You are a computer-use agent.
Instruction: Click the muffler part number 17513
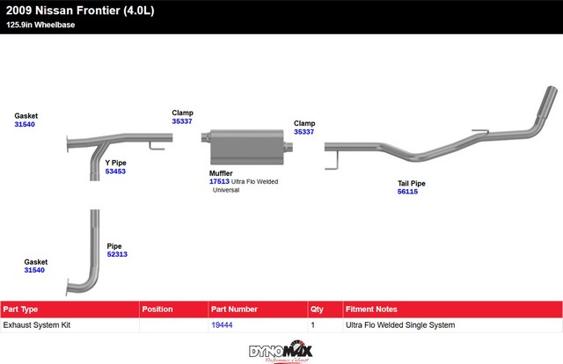[219, 182]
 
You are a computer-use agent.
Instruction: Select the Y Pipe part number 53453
[115, 171]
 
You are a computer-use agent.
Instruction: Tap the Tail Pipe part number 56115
[407, 192]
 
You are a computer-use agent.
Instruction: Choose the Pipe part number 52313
[117, 254]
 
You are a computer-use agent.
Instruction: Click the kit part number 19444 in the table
[222, 325]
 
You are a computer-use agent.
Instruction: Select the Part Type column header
[21, 309]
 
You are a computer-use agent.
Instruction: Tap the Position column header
[157, 309]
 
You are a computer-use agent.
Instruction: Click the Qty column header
[317, 309]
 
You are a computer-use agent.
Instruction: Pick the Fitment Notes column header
[372, 309]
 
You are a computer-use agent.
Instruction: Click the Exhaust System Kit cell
[37, 325]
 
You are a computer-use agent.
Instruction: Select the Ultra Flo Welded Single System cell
[401, 325]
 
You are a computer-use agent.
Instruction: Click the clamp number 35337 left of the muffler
[182, 121]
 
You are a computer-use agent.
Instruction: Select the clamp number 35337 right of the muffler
[303, 132]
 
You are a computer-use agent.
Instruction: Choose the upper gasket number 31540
[25, 125]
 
